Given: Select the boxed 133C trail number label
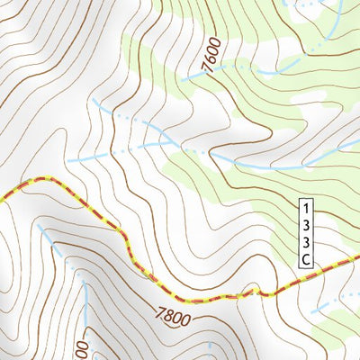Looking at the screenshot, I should [305, 232].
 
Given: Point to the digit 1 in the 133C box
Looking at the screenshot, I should [305, 207].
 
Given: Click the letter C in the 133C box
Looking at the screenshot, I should [305, 259].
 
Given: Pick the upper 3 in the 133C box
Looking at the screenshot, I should [305, 224].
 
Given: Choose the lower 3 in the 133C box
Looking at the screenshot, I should [305, 241].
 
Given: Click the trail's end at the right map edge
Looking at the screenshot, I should [357, 260].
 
